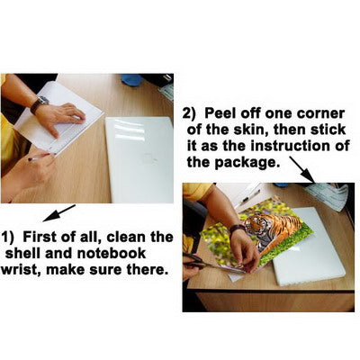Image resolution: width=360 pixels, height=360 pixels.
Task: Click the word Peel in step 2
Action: (221, 113)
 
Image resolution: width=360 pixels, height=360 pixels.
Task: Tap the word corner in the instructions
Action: (320, 114)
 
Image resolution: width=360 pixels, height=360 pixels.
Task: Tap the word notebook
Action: (112, 254)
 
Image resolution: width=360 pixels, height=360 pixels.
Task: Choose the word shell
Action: (23, 254)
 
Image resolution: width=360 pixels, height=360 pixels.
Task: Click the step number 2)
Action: (189, 114)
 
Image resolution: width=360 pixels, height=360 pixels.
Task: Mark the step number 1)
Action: (7, 238)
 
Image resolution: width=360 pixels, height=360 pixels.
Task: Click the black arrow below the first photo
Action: (59, 213)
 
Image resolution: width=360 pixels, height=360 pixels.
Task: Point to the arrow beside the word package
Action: (301, 170)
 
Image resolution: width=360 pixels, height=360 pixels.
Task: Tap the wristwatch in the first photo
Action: (39, 104)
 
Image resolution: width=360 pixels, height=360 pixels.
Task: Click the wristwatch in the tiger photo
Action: (238, 229)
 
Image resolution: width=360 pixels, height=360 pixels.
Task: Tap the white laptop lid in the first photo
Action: (139, 159)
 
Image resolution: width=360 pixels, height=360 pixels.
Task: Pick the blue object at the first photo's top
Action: (131, 79)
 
